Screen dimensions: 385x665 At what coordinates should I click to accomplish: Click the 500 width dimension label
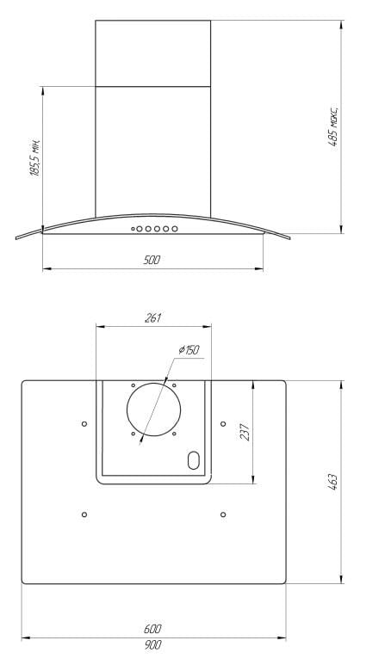coord(152,260)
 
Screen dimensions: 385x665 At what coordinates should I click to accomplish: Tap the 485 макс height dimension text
coord(333,126)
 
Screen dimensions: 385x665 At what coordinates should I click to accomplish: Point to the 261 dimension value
coord(153,317)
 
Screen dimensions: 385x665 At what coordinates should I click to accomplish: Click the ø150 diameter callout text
coord(189,350)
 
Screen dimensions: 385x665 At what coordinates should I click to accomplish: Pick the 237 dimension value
coord(245,432)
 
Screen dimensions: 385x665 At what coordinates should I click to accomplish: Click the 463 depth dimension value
coord(332,483)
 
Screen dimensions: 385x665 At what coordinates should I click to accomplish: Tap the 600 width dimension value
coord(152,629)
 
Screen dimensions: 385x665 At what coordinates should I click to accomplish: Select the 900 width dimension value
coord(152,645)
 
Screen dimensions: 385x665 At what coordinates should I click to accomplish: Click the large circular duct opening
coord(153,383)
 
